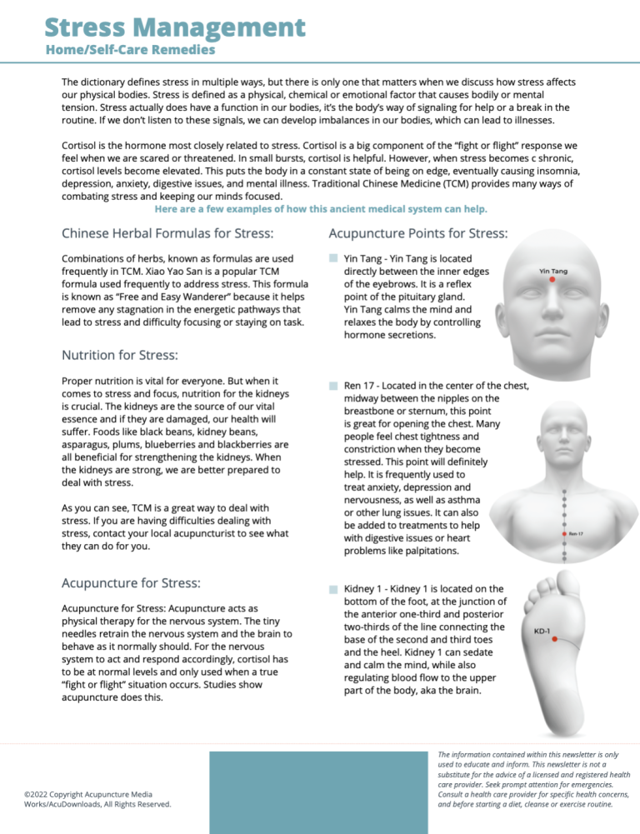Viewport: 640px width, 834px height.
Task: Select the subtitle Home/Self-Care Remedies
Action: (130, 50)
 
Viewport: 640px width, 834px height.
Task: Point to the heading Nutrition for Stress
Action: (119, 355)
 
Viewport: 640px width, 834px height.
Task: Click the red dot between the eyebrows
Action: (552, 281)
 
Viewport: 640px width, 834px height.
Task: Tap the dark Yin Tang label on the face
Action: (553, 271)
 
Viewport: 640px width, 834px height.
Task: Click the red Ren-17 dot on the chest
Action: (566, 532)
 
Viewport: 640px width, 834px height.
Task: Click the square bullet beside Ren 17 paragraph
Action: (332, 387)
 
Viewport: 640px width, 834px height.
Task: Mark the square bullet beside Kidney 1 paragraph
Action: (332, 590)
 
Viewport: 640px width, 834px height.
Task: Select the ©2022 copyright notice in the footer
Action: (98, 798)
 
